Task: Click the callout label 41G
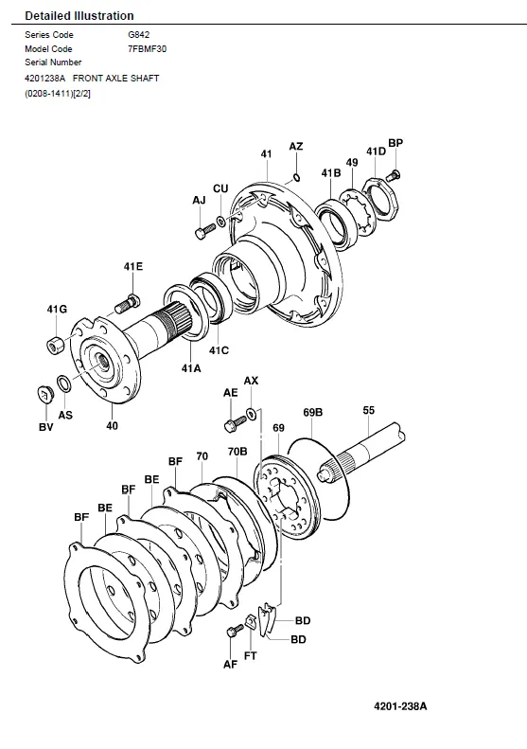tap(57, 309)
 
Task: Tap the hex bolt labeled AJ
tap(205, 230)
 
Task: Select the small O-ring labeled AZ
tap(296, 177)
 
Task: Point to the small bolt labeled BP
tap(393, 176)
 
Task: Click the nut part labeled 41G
tap(55, 344)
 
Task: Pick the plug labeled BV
tap(44, 394)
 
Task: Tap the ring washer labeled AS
tap(64, 383)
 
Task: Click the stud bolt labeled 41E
tap(128, 303)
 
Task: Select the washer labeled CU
tap(221, 222)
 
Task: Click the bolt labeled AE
tap(235, 423)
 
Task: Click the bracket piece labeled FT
tap(251, 622)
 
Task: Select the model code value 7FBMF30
tap(147, 48)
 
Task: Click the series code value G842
tap(138, 34)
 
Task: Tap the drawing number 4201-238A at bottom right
tap(400, 706)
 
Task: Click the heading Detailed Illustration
tap(79, 16)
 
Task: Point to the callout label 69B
tap(312, 412)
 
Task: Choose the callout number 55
tap(368, 410)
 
